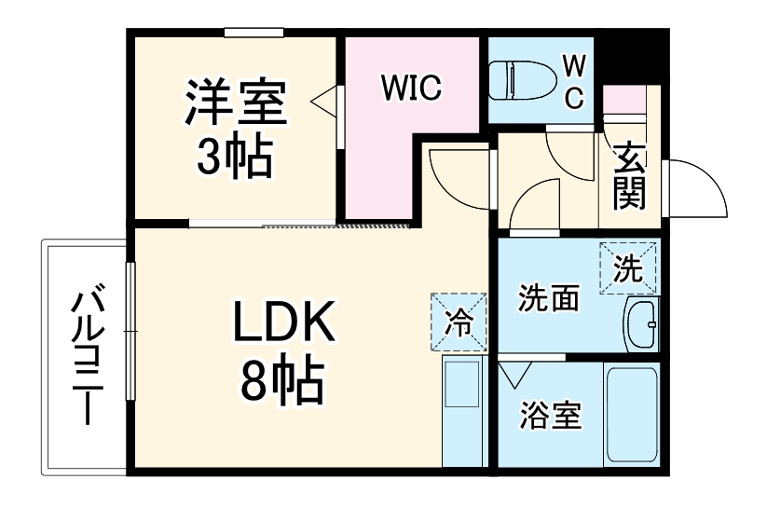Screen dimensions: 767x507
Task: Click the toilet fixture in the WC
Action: [x=523, y=80]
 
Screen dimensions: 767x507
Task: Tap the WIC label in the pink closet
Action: [x=411, y=89]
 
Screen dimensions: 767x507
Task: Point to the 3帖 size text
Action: [x=235, y=155]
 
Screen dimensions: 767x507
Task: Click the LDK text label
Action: [x=284, y=321]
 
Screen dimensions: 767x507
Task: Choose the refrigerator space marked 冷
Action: [x=459, y=322]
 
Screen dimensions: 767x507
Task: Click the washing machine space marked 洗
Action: [x=628, y=268]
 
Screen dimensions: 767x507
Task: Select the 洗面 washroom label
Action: [x=548, y=297]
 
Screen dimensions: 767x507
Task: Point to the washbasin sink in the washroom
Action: [x=642, y=323]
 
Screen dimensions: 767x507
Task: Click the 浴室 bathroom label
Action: [x=550, y=416]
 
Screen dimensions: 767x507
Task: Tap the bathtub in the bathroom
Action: [x=632, y=414]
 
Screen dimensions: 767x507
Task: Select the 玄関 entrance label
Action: [x=630, y=176]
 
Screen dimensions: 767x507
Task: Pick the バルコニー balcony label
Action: [x=88, y=354]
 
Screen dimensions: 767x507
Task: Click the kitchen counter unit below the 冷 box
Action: [x=462, y=411]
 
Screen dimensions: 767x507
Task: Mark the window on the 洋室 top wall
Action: [x=253, y=33]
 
